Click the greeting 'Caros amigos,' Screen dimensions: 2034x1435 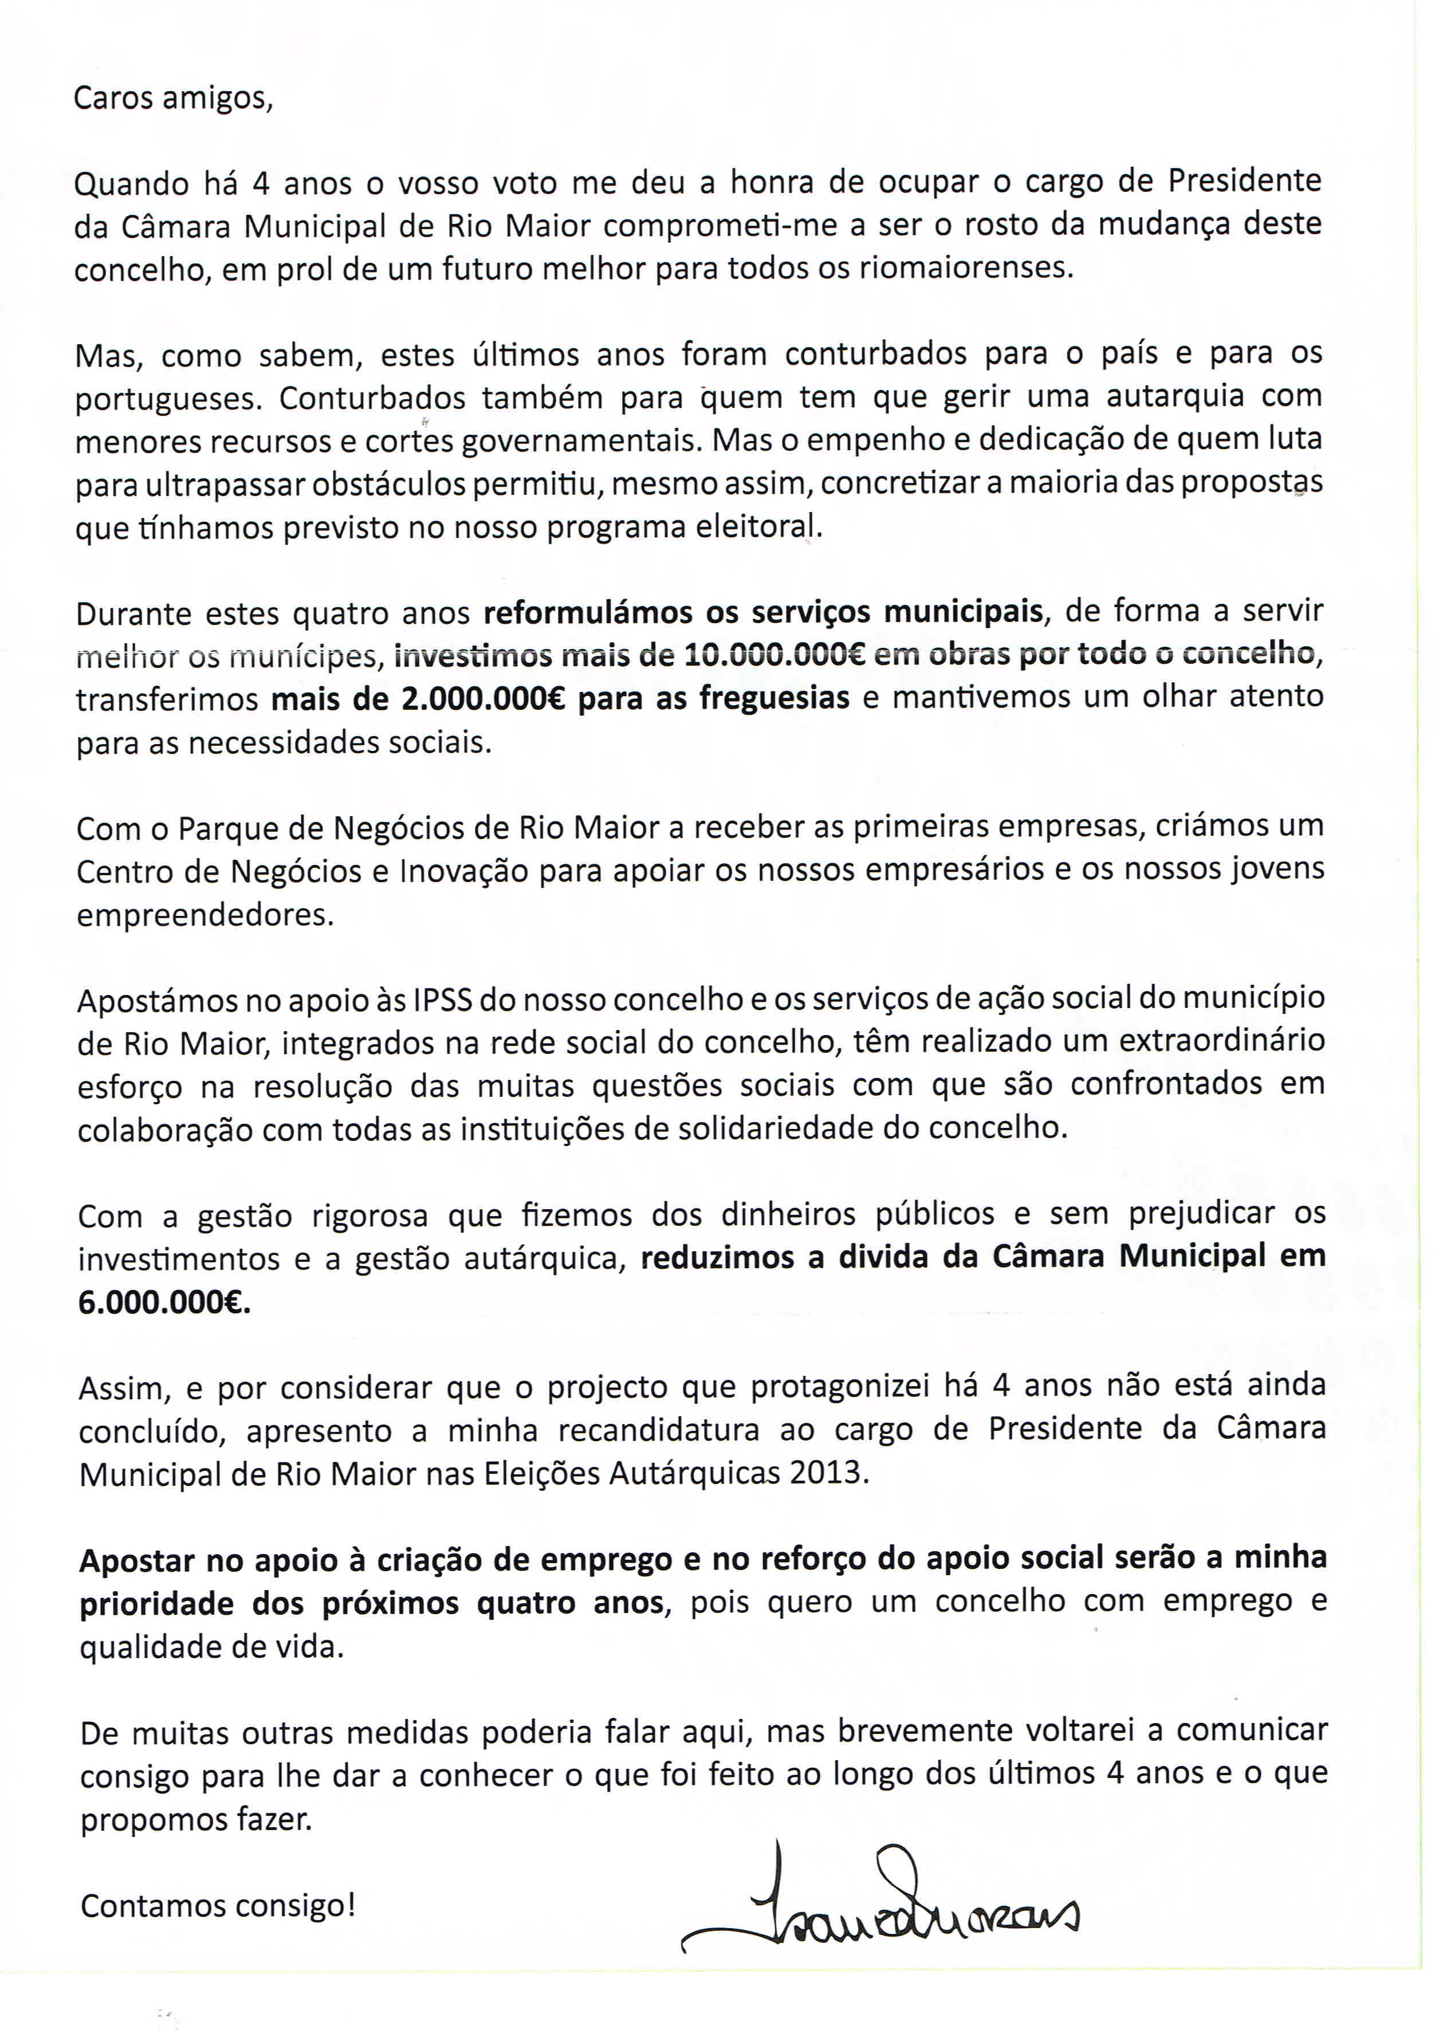point(173,97)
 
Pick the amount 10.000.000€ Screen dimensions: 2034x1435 point(775,655)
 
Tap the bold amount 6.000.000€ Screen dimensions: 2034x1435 point(164,1303)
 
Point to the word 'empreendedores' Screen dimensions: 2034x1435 point(205,914)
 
